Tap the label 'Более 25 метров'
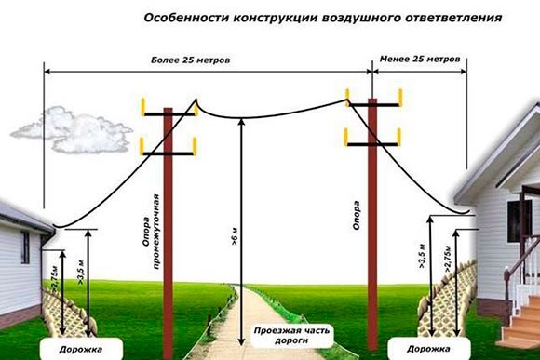[190, 60]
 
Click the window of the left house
[25, 247]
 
